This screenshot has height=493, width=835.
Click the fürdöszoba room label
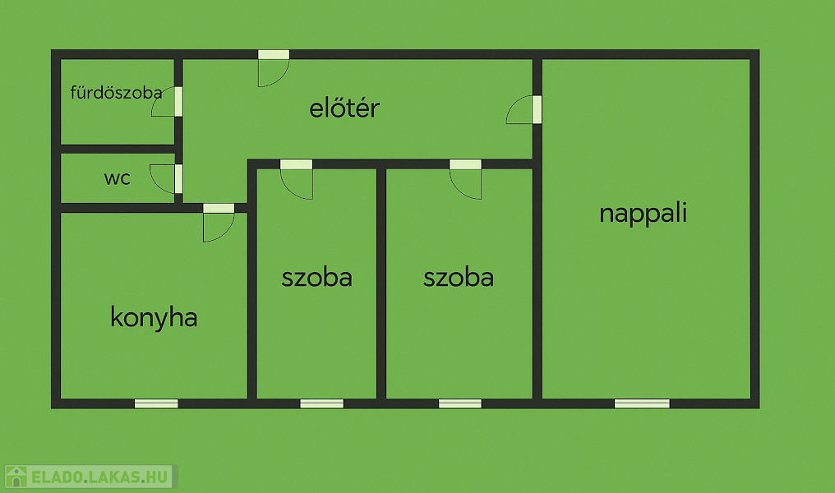pos(116,93)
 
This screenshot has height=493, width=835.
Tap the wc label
pos(118,177)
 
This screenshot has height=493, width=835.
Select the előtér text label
pos(344,108)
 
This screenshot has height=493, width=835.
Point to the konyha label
pos(154,318)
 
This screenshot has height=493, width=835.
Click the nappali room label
pos(644,213)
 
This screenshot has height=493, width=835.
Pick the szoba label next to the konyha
pos(317,278)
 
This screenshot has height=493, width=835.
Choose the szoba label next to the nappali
pos(459,278)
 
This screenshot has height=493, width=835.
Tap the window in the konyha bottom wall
pos(156,403)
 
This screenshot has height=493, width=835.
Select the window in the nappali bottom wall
pos(642,403)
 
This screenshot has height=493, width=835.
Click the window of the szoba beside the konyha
pos(322,403)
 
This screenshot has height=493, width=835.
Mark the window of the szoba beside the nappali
pos(460,403)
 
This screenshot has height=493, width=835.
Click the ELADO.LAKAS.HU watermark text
pos(99,477)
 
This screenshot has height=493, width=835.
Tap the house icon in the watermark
pos(16,477)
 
